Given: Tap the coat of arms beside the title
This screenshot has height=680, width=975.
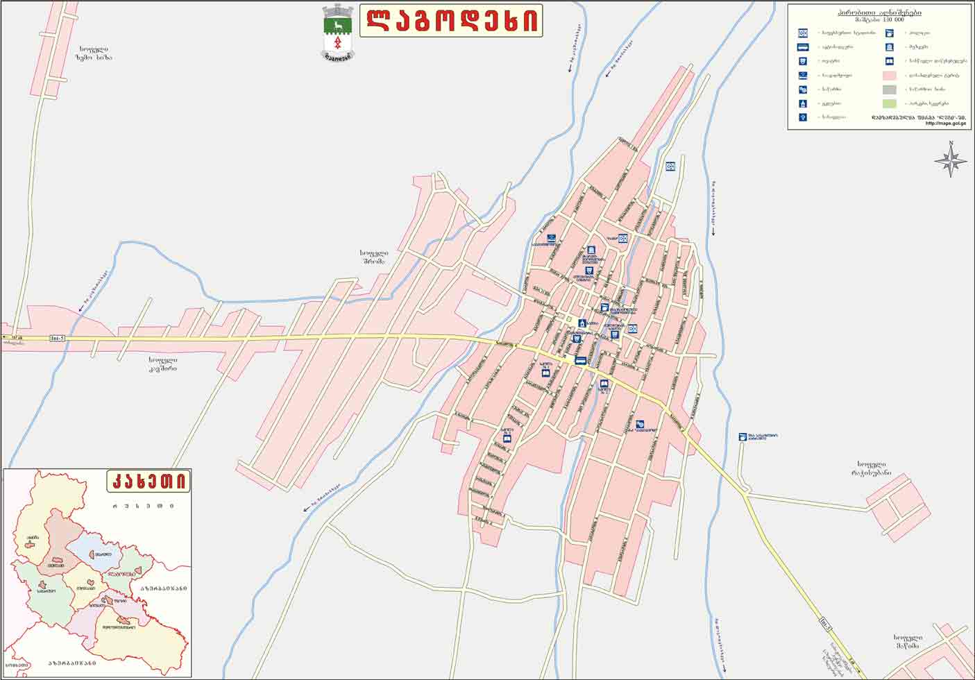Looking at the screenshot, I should pyautogui.click(x=338, y=31).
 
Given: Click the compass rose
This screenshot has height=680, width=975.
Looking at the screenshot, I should pyautogui.click(x=951, y=161).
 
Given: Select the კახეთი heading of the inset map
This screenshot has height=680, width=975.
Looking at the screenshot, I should pyautogui.click(x=149, y=480).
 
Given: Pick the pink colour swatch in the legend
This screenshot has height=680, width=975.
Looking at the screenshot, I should pyautogui.click(x=889, y=75).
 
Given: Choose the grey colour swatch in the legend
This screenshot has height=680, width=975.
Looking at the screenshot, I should pyautogui.click(x=889, y=90).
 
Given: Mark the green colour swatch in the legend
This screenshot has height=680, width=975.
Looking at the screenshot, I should pyautogui.click(x=889, y=103).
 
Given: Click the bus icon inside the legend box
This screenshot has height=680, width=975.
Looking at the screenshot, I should pyautogui.click(x=803, y=47).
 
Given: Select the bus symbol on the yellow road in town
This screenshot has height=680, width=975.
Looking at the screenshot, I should pyautogui.click(x=579, y=360).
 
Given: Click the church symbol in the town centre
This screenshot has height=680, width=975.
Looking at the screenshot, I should pyautogui.click(x=582, y=323).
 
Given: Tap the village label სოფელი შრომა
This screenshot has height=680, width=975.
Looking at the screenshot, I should pyautogui.click(x=374, y=257).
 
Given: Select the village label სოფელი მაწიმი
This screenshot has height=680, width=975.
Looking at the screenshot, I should pyautogui.click(x=907, y=642).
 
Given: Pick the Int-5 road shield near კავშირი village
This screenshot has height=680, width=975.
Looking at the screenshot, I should pyautogui.click(x=58, y=339).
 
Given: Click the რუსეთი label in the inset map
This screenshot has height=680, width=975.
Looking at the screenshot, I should pyautogui.click(x=144, y=506).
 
